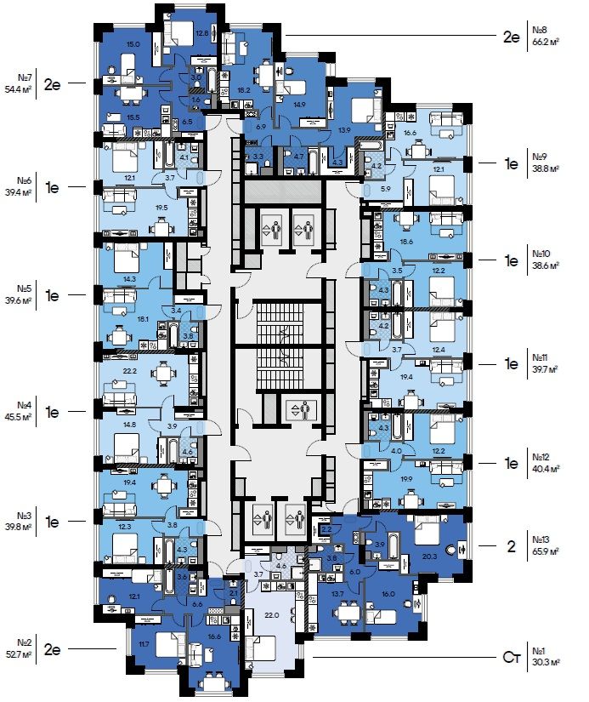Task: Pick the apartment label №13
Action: tap(542, 539)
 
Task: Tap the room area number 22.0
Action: tap(271, 615)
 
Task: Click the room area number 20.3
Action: tap(428, 557)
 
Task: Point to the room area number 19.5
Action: tap(136, 207)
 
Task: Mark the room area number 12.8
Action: tap(201, 33)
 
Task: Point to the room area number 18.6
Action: tap(406, 242)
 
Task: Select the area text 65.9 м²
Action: tap(544, 551)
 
